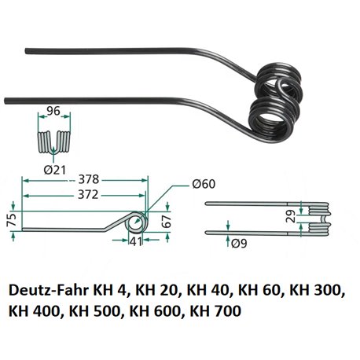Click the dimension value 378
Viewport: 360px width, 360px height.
(x=89, y=180)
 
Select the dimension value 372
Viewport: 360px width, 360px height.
(x=88, y=195)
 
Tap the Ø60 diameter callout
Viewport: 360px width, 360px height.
(x=204, y=184)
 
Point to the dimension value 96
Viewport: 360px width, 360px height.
(x=53, y=111)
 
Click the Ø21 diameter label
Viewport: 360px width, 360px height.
(x=54, y=171)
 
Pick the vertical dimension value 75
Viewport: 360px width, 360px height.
(x=12, y=219)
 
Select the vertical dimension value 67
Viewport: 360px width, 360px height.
(x=167, y=222)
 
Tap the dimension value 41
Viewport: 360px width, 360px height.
(x=135, y=241)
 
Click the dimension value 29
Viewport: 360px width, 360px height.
(x=291, y=216)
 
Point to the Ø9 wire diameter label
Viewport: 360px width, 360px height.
(x=239, y=244)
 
